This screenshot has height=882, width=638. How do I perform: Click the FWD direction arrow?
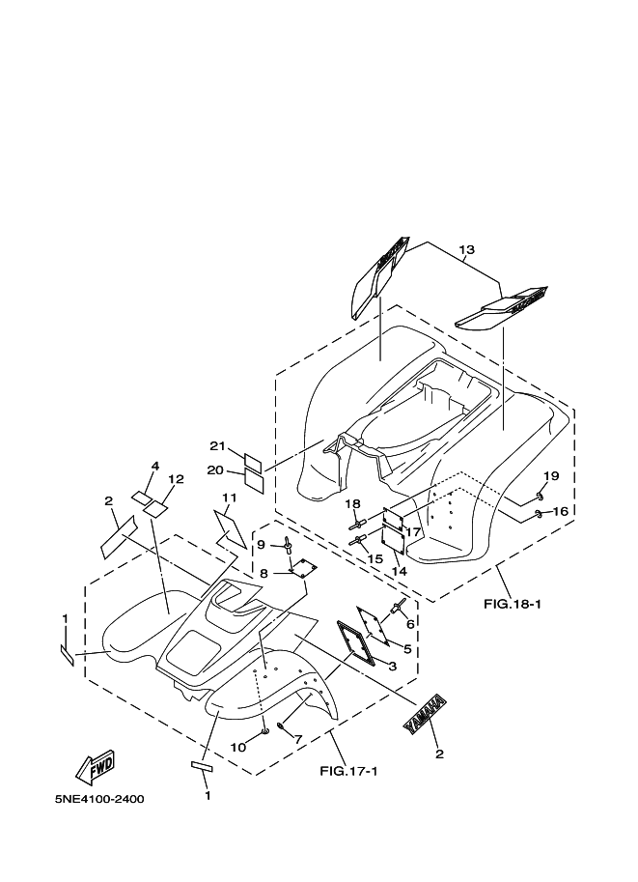pos(96,768)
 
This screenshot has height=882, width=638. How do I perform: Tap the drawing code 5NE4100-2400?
pos(98,799)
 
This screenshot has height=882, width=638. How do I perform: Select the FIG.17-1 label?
pos(348,771)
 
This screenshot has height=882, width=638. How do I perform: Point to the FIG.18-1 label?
pos(513,605)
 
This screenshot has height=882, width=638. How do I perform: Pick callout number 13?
pos(466,250)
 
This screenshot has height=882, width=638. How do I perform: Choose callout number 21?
pos(217,446)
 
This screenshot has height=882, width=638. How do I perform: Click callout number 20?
pos(215,470)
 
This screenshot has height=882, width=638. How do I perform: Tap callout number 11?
pos(229,498)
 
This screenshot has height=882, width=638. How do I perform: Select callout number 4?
pos(155,466)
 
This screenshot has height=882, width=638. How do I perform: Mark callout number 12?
pos(176,479)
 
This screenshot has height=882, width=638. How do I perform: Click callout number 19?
pos(551,476)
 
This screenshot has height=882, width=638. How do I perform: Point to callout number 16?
pos(561,511)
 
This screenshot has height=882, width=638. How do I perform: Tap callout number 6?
pos(410,624)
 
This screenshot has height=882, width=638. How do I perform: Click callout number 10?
pos(238,747)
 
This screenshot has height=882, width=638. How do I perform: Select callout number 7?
pos(298,739)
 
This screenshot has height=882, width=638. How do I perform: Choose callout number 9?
pos(262,545)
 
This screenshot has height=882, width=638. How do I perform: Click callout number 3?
pos(393,667)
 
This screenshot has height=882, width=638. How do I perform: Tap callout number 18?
pos(353,504)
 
